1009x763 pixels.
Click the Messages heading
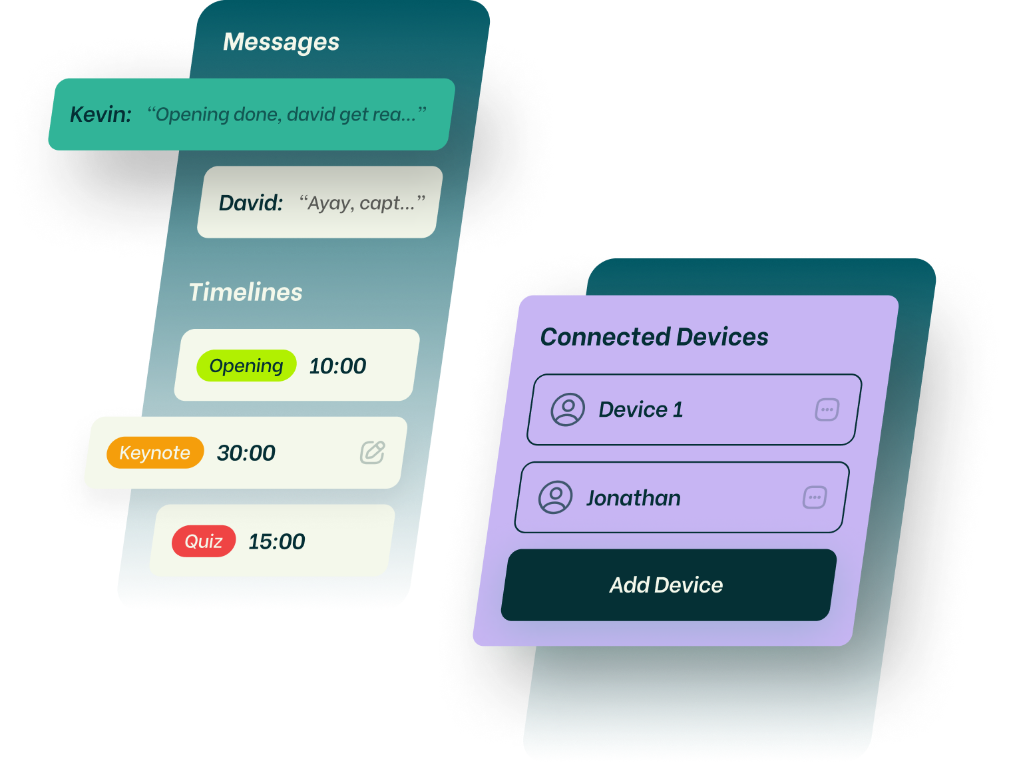[x=281, y=42]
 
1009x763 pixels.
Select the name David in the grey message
[x=251, y=203]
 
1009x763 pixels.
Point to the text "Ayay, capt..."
[x=362, y=203]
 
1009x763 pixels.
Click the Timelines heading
[x=246, y=292]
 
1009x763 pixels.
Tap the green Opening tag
[x=246, y=366]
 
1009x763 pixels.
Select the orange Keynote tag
[x=155, y=453]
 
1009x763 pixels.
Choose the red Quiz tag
[x=204, y=541]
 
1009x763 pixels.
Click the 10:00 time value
[x=337, y=366]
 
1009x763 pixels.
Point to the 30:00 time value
[x=246, y=453]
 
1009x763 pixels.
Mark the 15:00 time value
[x=277, y=542]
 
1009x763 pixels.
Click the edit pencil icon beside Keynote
[x=373, y=452]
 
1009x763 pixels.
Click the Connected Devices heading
[x=654, y=337]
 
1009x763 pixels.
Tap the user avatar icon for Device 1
[x=568, y=409]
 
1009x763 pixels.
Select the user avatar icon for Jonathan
[x=556, y=497]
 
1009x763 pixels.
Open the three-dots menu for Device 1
[x=827, y=409]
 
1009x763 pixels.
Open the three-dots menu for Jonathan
[x=815, y=497]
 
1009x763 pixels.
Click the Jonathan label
[x=634, y=498]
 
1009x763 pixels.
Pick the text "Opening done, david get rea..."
[x=287, y=115]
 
